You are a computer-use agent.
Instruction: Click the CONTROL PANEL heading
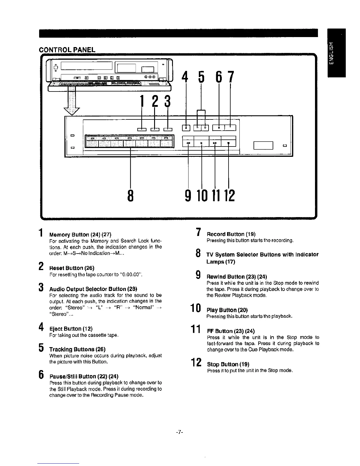(x=67, y=50)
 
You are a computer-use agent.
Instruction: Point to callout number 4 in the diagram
(x=185, y=77)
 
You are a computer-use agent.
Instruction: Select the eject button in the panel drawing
(x=186, y=127)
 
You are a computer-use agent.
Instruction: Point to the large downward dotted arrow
(x=71, y=101)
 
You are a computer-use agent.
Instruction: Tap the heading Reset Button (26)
(x=72, y=268)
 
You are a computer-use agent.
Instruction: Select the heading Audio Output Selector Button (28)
(x=93, y=289)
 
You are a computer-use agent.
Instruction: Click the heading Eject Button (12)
(x=71, y=329)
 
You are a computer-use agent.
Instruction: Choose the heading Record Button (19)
(x=231, y=234)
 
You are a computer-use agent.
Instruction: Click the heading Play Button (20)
(x=227, y=310)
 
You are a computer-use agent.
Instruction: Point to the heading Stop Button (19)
(x=228, y=364)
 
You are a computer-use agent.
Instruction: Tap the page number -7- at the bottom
(x=180, y=432)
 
